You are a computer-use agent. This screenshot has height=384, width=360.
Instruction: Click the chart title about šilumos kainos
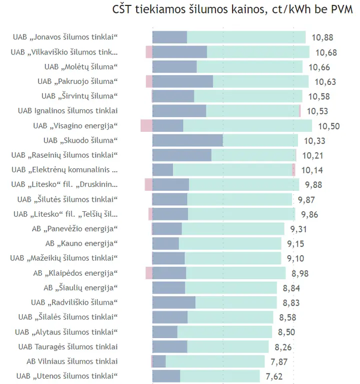pos(232,9)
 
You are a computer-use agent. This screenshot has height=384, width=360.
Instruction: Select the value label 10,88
pos(322,37)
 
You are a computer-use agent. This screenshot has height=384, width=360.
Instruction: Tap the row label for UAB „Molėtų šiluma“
pos(81,67)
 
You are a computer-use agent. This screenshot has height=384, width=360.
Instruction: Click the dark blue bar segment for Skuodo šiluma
pos(187,140)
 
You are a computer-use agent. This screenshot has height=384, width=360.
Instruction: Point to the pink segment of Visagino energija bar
pos(146,126)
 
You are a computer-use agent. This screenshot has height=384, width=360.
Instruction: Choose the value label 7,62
pos(274,377)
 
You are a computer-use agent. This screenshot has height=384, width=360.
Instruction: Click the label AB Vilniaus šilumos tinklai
pos(72,362)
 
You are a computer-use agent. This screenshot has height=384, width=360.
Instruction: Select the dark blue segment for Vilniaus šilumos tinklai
pos(159,362)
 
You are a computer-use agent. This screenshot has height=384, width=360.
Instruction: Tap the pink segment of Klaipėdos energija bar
pos(149,273)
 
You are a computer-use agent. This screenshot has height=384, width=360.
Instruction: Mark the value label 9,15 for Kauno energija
pos(295,244)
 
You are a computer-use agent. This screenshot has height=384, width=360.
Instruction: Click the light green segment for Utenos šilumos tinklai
pos(220,376)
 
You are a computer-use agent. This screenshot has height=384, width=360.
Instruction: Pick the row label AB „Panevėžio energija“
pos(75,229)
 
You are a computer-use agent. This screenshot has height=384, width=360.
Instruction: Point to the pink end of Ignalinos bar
pos(299,111)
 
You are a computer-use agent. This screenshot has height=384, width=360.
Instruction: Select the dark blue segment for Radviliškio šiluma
pos(174,303)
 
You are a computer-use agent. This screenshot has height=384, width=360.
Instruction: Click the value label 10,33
pos(314,141)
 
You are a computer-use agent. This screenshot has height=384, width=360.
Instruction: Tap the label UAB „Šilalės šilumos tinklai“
pos(68,317)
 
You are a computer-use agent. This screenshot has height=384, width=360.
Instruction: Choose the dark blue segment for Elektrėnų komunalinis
pos(162,170)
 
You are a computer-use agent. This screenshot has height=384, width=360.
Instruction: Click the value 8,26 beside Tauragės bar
pos(283,347)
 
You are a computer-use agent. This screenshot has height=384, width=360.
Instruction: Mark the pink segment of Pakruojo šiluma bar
pos(149,81)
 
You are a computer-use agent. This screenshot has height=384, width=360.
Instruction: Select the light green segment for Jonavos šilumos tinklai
pos(246,37)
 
